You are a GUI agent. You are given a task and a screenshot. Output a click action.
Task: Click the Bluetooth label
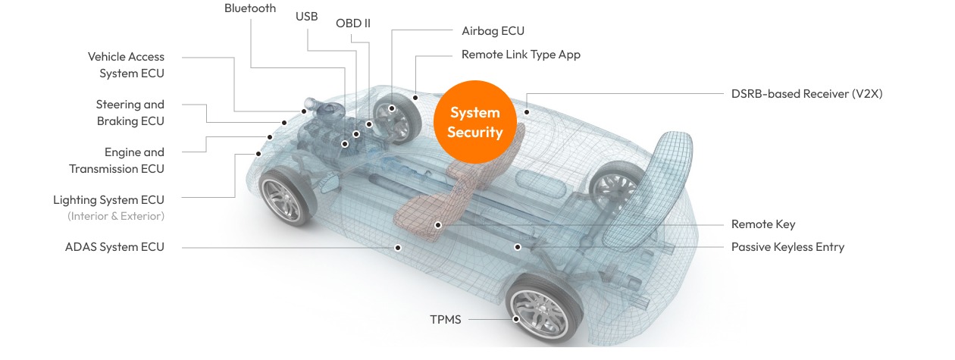coord(250,8)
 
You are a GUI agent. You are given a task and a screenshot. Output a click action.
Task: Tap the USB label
coord(306,16)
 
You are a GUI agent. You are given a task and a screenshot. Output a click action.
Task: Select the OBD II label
coord(353,23)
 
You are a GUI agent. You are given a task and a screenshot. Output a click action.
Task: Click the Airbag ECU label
coord(493,31)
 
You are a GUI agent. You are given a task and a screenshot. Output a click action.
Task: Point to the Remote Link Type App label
coord(521,55)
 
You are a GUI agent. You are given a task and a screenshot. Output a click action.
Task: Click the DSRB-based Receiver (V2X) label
coord(806,94)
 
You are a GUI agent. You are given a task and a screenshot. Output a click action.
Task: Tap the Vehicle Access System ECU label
coord(126,65)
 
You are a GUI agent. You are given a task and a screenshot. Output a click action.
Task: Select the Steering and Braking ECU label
coord(130,113)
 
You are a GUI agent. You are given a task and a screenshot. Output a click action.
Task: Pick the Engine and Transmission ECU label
coord(117,161)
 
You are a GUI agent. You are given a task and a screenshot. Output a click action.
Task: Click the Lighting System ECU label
coord(108,200)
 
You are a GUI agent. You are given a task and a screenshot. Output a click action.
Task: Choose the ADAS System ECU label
coord(114,247)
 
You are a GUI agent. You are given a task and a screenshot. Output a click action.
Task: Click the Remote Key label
coord(763,224)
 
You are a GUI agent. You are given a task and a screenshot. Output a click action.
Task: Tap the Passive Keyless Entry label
coord(787,247)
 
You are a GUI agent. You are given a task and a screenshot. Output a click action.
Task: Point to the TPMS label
coord(445,319)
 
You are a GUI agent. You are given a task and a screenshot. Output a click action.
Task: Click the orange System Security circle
coord(475,122)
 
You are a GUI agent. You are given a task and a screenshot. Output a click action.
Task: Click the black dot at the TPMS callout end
coord(516,319)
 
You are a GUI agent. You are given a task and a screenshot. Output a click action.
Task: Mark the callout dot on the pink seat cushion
coord(438,225)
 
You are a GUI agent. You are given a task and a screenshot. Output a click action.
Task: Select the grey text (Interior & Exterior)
coord(116,216)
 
